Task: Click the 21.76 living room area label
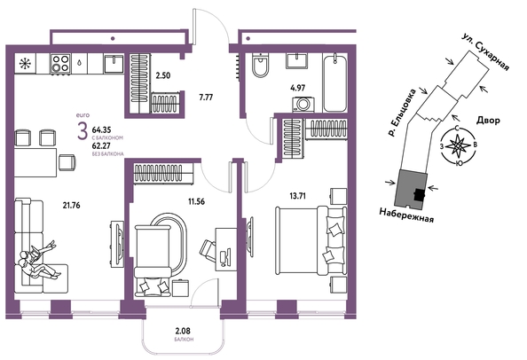click(71, 205)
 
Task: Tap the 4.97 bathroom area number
click(298, 88)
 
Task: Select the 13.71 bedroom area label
click(298, 196)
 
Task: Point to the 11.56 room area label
click(196, 201)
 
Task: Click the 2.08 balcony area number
click(183, 332)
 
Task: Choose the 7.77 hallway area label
click(206, 98)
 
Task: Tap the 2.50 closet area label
click(162, 75)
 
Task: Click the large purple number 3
click(82, 131)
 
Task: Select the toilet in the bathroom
click(261, 65)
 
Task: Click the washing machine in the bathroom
click(303, 104)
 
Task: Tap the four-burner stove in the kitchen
click(60, 64)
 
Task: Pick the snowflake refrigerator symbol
click(25, 64)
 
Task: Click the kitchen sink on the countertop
click(114, 64)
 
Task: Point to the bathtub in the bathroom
click(334, 82)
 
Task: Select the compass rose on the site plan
click(459, 145)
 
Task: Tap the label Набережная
click(406, 215)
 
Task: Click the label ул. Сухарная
click(485, 51)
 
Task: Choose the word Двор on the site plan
click(488, 120)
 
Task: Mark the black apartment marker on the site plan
click(419, 194)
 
